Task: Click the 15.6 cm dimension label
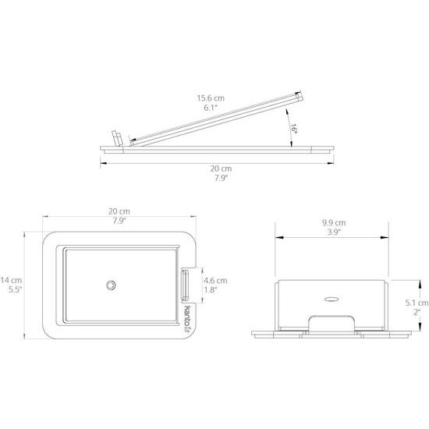[211, 98]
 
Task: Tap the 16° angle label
[293, 129]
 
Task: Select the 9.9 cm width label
[334, 223]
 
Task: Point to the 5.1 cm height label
[417, 303]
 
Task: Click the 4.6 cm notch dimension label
[215, 281]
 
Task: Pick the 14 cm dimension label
[11, 280]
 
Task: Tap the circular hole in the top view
[111, 285]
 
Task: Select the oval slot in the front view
[331, 299]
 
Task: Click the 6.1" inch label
[211, 108]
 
